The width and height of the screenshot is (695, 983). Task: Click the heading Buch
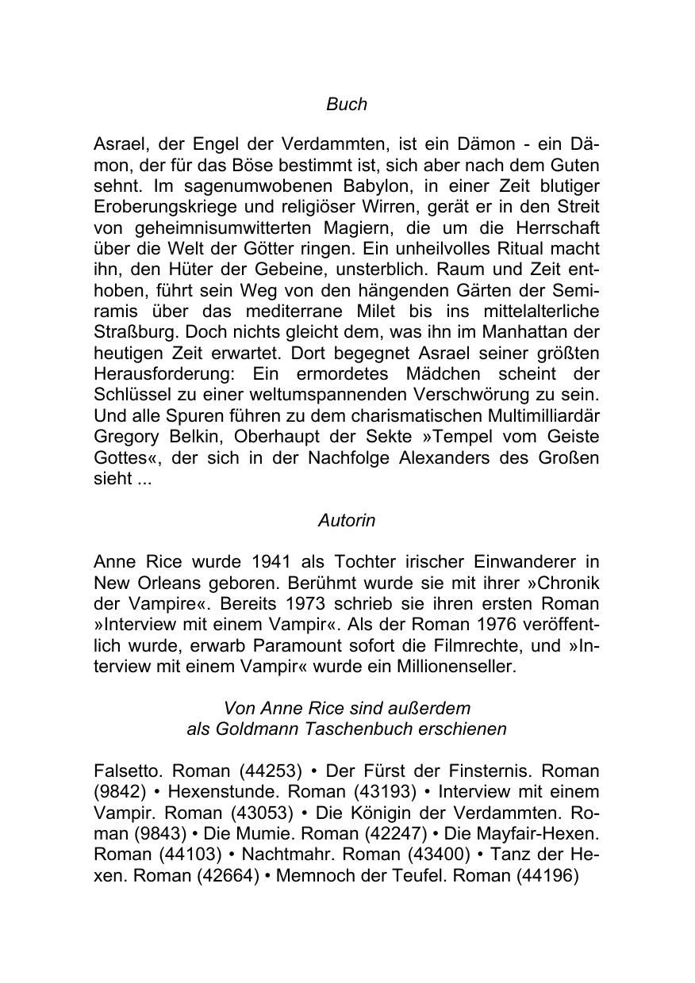click(x=347, y=104)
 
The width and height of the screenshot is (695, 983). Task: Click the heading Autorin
click(x=347, y=521)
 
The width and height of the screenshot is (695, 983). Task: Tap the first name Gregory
click(x=128, y=437)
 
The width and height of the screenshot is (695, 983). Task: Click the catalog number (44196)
click(x=547, y=875)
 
